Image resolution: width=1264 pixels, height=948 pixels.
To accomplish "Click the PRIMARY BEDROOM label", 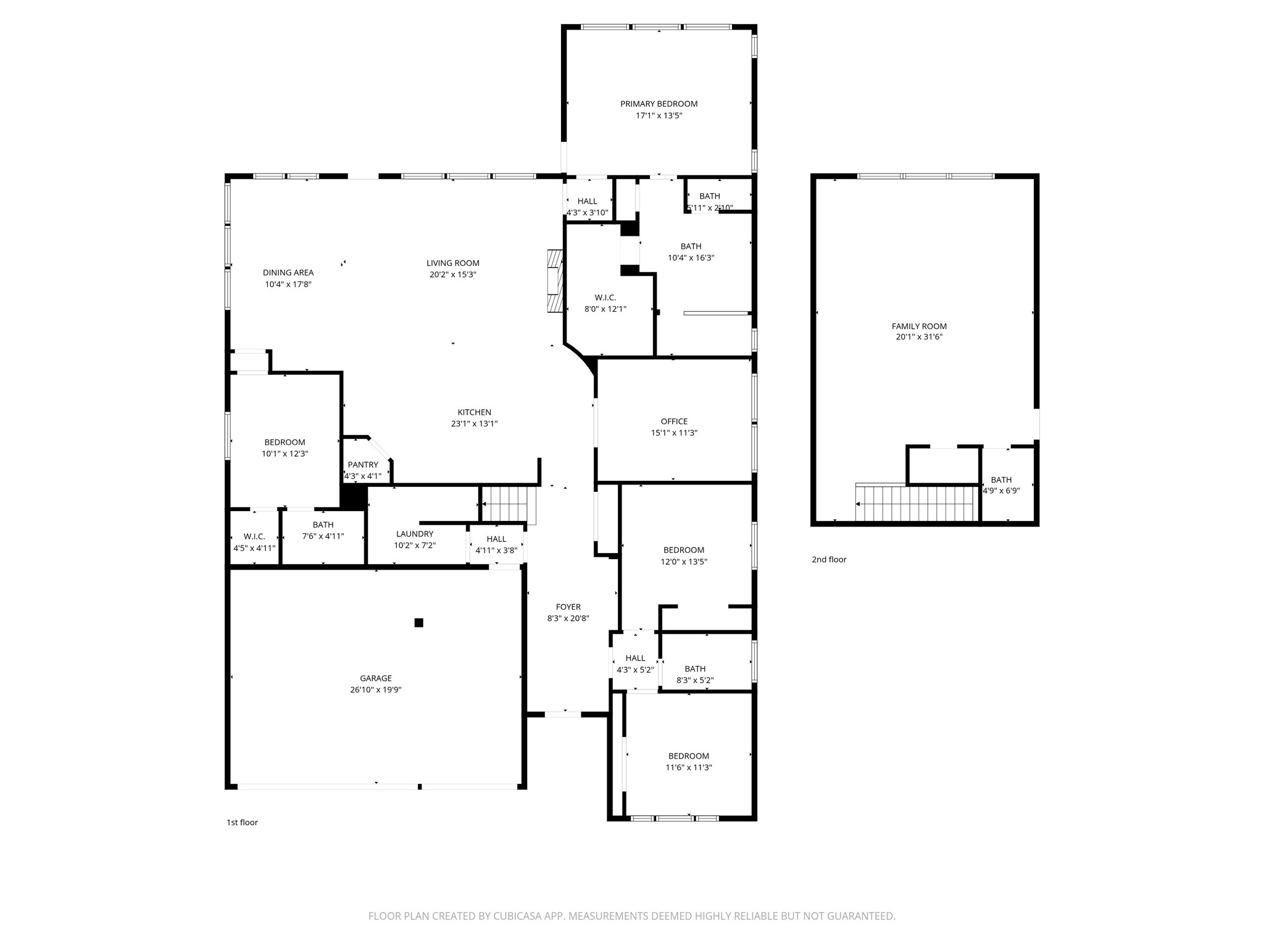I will pos(659,104).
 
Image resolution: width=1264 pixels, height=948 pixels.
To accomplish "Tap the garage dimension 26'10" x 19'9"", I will pos(375,690).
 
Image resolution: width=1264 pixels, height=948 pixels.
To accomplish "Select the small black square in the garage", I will pos(418,622).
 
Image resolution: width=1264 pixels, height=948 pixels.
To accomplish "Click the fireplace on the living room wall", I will pos(555,281).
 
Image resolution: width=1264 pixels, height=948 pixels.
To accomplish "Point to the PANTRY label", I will pos(363,465).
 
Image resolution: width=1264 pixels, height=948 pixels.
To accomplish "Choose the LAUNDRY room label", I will pos(415,534).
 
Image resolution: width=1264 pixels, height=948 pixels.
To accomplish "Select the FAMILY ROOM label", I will pos(919,326).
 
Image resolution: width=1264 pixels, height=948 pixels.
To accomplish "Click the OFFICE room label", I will pos(674,422).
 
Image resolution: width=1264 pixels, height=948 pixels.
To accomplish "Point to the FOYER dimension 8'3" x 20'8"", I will pos(568,618).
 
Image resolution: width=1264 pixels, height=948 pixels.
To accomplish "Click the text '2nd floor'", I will pos(829,560).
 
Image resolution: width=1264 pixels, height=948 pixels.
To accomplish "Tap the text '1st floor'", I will pos(242,822).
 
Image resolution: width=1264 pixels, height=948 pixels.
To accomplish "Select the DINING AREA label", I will pos(288,272).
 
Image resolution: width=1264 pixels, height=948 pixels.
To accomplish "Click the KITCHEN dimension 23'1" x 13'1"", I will pos(474,424).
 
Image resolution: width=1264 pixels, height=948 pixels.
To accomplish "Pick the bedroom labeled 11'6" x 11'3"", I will pos(689,762).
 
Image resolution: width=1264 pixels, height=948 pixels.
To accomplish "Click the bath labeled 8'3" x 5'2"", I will pos(695,675).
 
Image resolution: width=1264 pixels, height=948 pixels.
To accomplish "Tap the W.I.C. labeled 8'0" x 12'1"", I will pos(605,303).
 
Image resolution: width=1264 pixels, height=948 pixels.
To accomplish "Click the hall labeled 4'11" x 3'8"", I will pos(496,545).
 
